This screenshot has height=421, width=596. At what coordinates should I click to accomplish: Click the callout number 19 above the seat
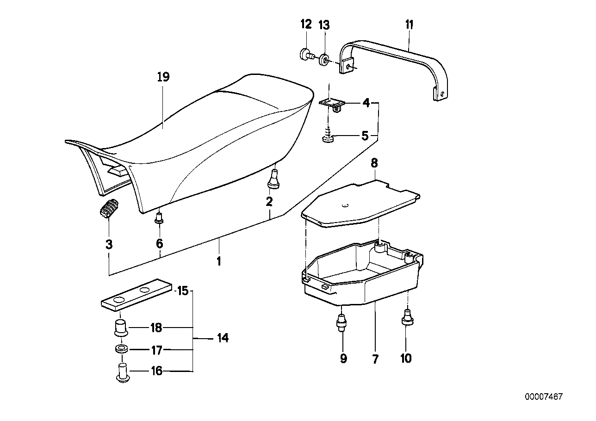pos(163,77)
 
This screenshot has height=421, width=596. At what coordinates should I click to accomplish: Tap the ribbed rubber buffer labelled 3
pos(109,209)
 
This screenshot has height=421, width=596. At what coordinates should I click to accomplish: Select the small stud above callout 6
pos(159,217)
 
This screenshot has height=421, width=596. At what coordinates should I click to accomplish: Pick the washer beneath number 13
pos(324,60)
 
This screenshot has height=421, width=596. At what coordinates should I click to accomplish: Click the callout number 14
pos(223,338)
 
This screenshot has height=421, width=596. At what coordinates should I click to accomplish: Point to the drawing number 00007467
pos(543,397)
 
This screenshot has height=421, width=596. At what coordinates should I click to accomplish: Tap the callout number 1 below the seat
pos(218,261)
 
